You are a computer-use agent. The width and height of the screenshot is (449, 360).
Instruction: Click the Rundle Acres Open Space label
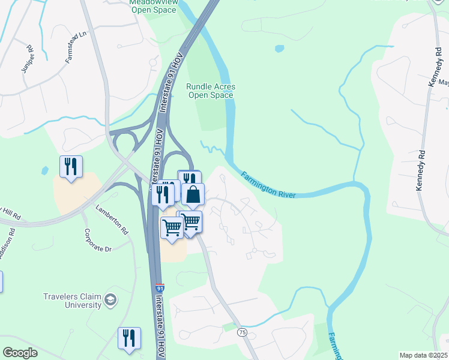coord(210,91)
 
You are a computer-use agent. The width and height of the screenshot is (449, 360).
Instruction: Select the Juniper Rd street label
coord(28,59)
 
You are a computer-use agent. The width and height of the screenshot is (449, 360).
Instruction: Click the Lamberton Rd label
coord(112,220)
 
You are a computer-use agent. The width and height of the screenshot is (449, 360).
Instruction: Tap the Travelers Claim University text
coord(72,301)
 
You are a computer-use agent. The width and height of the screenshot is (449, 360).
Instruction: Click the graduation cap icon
coord(110,299)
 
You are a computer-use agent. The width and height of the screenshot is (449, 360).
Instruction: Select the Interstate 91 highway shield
coord(160,289)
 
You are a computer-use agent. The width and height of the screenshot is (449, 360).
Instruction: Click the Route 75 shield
coord(242,332)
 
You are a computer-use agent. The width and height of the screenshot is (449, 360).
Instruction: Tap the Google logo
coord(20,353)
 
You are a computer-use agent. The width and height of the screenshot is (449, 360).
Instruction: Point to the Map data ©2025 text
coord(423,355)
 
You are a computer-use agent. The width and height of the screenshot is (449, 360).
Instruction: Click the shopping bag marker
coord(193,194)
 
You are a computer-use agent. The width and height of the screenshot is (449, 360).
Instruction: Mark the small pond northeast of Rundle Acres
coord(279,48)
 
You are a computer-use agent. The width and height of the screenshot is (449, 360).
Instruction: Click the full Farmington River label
coord(268,186)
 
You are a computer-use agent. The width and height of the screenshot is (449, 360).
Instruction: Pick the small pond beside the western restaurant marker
coord(44,170)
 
